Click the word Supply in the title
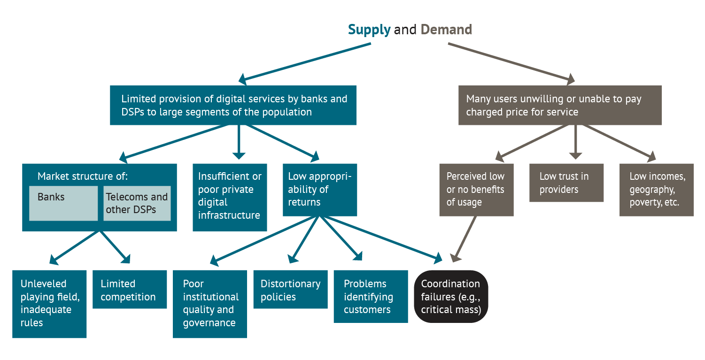point(369,30)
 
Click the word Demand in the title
point(446,30)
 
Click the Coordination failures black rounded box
point(451,297)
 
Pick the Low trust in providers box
point(566,183)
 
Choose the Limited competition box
point(130,290)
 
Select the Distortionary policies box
point(290,290)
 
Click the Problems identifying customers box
point(371,297)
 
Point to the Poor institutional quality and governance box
point(209,304)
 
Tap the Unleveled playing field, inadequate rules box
point(49,304)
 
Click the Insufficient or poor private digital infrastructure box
point(230,197)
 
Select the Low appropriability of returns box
point(320,190)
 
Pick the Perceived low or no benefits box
point(476,190)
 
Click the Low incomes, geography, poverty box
point(656,190)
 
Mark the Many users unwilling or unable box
point(560,105)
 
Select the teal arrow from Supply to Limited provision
point(305,62)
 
